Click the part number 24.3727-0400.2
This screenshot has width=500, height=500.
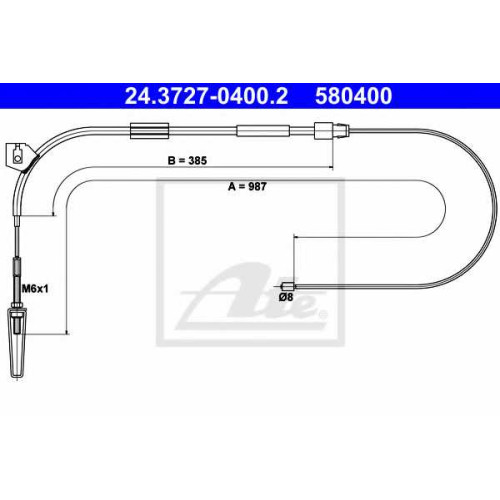pos(206,96)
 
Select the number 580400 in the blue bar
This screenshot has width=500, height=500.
pos(354,96)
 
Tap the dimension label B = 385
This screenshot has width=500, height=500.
pos(187,161)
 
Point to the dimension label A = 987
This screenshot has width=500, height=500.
pos(247,187)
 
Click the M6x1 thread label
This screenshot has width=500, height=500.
pos(35,288)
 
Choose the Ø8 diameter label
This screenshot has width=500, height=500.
pos(286,297)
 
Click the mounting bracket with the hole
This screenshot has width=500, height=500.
pos(19,155)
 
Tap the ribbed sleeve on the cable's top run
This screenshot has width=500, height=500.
pos(149,131)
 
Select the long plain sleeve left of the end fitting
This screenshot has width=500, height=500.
pos(263,131)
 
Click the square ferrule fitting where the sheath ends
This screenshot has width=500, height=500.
pos(324,131)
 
